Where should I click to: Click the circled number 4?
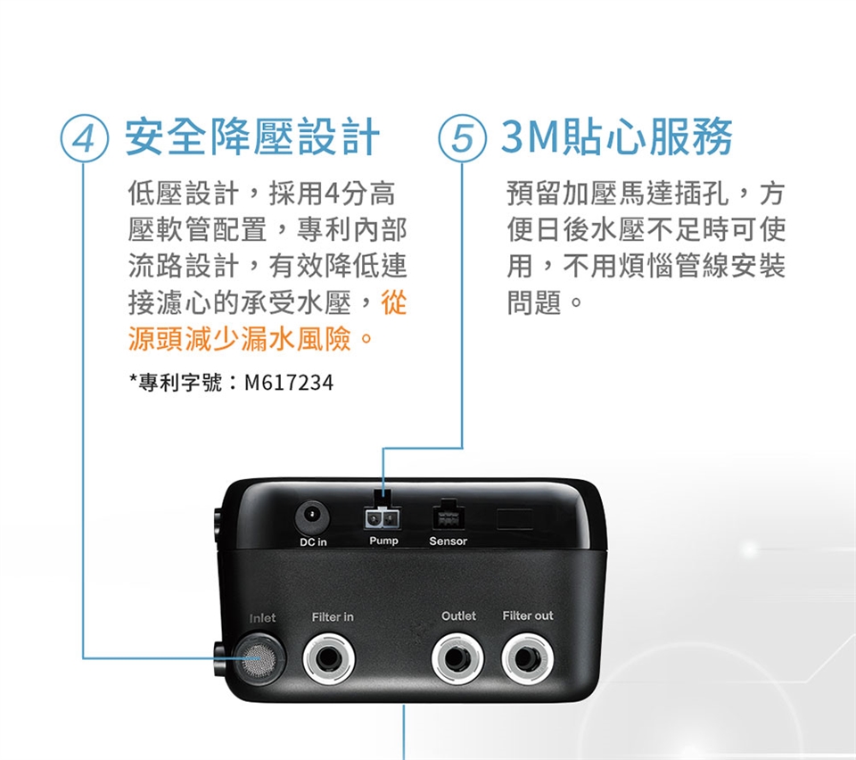point(84,138)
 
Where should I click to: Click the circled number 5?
point(462,138)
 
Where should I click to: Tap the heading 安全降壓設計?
point(252,137)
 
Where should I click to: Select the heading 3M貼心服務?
point(617,137)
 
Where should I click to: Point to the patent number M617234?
point(289,383)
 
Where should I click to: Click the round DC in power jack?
point(312,516)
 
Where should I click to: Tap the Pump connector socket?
point(383,518)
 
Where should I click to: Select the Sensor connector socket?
point(449,516)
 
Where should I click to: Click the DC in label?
point(313,541)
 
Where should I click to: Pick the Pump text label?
point(383,541)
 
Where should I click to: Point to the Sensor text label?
point(449,541)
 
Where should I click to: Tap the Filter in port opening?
point(329,658)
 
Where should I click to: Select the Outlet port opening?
point(457,658)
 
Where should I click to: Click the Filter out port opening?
point(527,658)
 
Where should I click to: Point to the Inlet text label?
point(262,618)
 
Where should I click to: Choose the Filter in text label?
point(333,617)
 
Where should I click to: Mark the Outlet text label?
point(458,615)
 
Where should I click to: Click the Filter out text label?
point(528,615)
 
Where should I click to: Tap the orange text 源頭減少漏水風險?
point(239,339)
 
